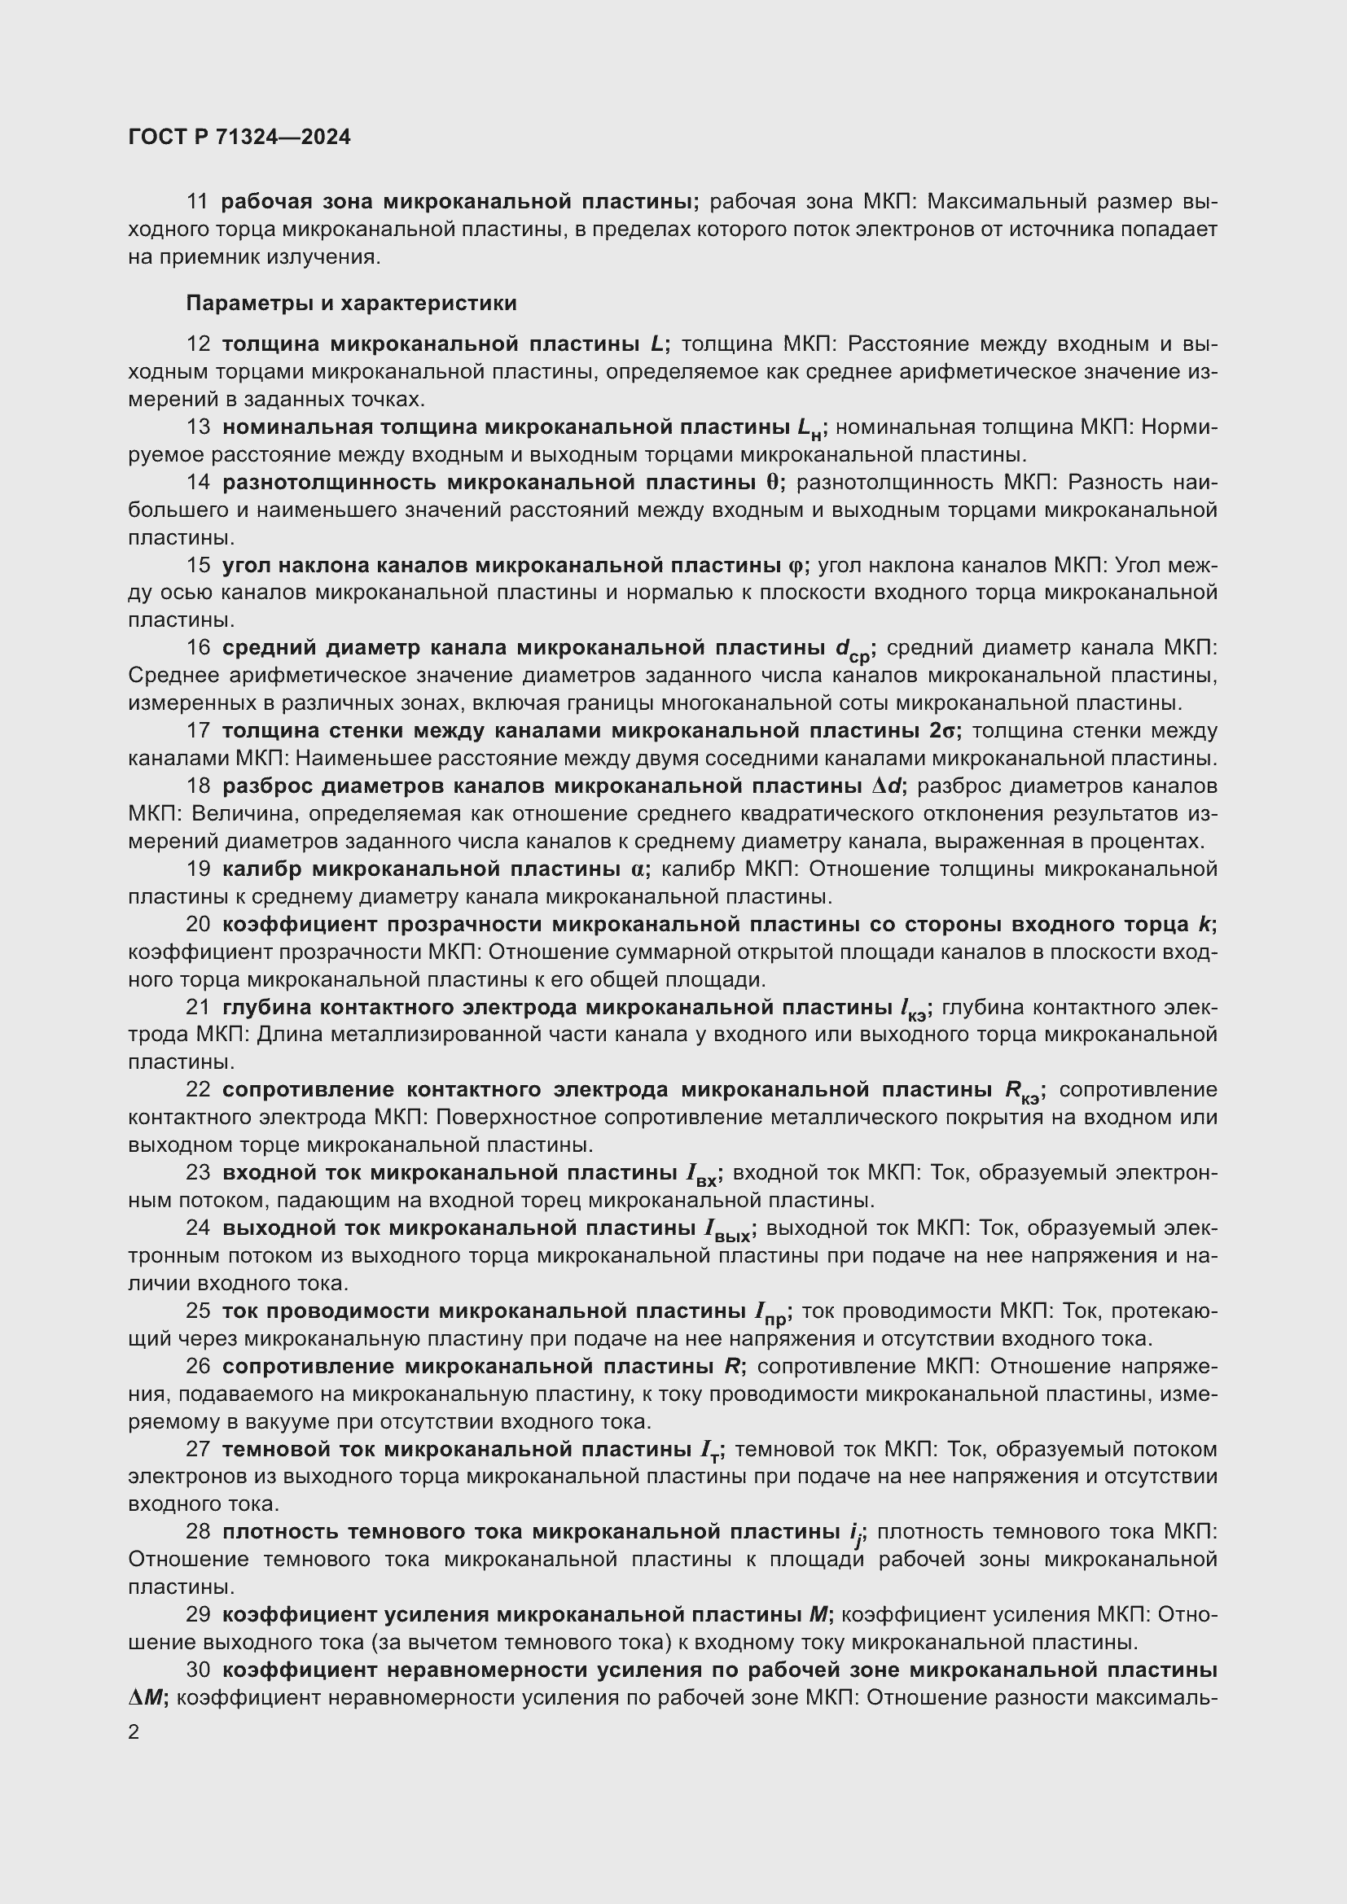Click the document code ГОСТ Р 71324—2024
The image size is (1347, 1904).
[239, 138]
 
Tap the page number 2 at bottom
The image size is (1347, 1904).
[134, 1732]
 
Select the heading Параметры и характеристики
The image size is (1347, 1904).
[351, 303]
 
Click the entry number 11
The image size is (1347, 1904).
[197, 202]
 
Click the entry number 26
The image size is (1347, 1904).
[197, 1367]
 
